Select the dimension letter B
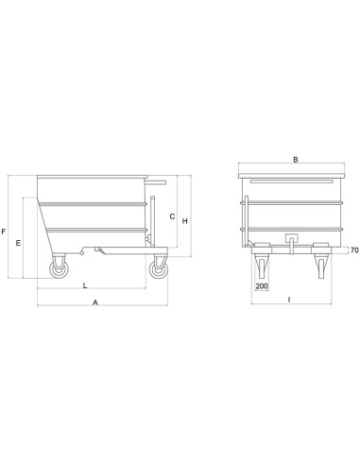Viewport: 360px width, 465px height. pos(296,161)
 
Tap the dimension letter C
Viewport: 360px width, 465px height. pos(171,216)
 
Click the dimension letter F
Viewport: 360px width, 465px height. pos(6,231)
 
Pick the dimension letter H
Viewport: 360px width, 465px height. pos(185,221)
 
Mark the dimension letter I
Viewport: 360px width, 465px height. pos(288,299)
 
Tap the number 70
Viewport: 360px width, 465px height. pos(353,250)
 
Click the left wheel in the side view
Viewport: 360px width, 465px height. pos(60,269)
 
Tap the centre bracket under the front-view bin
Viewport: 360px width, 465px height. pos(292,241)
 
